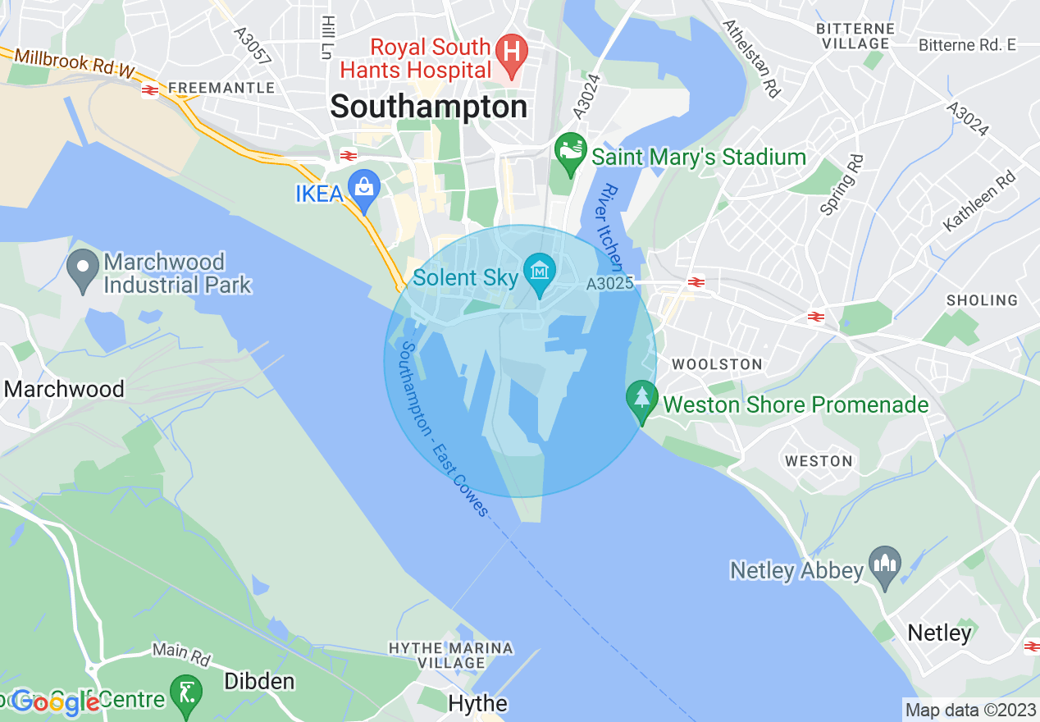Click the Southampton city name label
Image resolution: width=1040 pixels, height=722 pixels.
429,107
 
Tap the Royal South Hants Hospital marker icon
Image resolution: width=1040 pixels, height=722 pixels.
512,49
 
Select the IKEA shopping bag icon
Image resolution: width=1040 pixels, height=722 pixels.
363,185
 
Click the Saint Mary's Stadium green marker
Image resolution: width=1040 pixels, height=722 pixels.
570,150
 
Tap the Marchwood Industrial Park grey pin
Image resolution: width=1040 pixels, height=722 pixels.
83,268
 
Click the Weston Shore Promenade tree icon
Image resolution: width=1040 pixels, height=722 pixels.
641,399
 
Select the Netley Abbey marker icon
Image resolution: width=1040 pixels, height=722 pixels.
885,564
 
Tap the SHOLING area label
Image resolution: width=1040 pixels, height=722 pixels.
982,300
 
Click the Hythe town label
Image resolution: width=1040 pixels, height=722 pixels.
477,703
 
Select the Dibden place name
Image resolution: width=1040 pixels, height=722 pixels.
259,682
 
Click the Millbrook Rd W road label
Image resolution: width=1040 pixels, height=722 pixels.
73,63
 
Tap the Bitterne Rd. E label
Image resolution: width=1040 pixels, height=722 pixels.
967,44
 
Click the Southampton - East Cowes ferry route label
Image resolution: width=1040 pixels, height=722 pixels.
444,429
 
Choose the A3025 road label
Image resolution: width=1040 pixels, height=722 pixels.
609,284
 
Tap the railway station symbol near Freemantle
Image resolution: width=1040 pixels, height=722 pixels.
150,89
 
